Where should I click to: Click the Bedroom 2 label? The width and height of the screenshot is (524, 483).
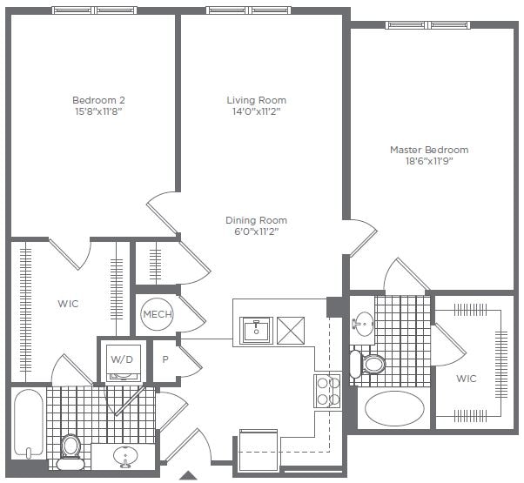coord(93,100)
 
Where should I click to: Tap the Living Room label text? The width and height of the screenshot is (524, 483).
coord(256,100)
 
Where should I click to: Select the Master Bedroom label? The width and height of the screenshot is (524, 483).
coord(428,150)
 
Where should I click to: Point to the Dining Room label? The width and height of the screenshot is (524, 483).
coord(256,220)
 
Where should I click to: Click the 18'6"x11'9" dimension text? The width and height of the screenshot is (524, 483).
coord(428,161)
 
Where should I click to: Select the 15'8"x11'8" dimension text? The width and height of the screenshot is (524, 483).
coord(93,111)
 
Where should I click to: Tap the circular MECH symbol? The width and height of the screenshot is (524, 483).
coord(158,314)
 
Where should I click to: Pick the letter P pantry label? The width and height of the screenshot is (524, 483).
coord(165,358)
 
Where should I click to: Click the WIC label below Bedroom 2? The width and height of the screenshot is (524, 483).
coord(69,304)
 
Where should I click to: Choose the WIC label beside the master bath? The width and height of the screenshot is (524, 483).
coord(467,379)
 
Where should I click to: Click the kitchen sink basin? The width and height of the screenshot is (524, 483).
coord(257,330)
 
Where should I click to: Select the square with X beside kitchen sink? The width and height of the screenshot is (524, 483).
coord(290,330)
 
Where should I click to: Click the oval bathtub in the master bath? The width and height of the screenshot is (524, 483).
coord(394,407)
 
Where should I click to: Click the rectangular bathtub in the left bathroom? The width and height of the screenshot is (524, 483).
coord(29,423)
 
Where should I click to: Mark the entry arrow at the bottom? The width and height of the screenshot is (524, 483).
coord(187,475)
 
